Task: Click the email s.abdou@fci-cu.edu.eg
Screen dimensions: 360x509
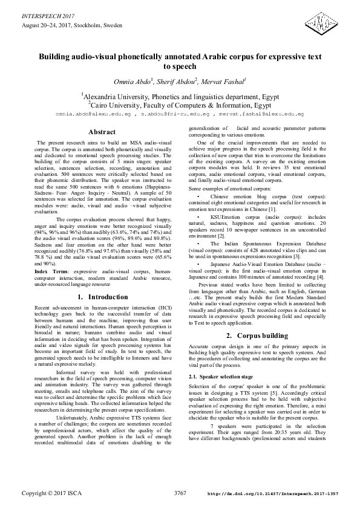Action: coord(176,114)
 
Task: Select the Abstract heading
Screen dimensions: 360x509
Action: coord(102,132)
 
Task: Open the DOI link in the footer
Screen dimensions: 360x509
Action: coord(273,494)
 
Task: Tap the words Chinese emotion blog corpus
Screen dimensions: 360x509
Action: coord(246,196)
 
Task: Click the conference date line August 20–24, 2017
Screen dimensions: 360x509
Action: coord(72,26)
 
